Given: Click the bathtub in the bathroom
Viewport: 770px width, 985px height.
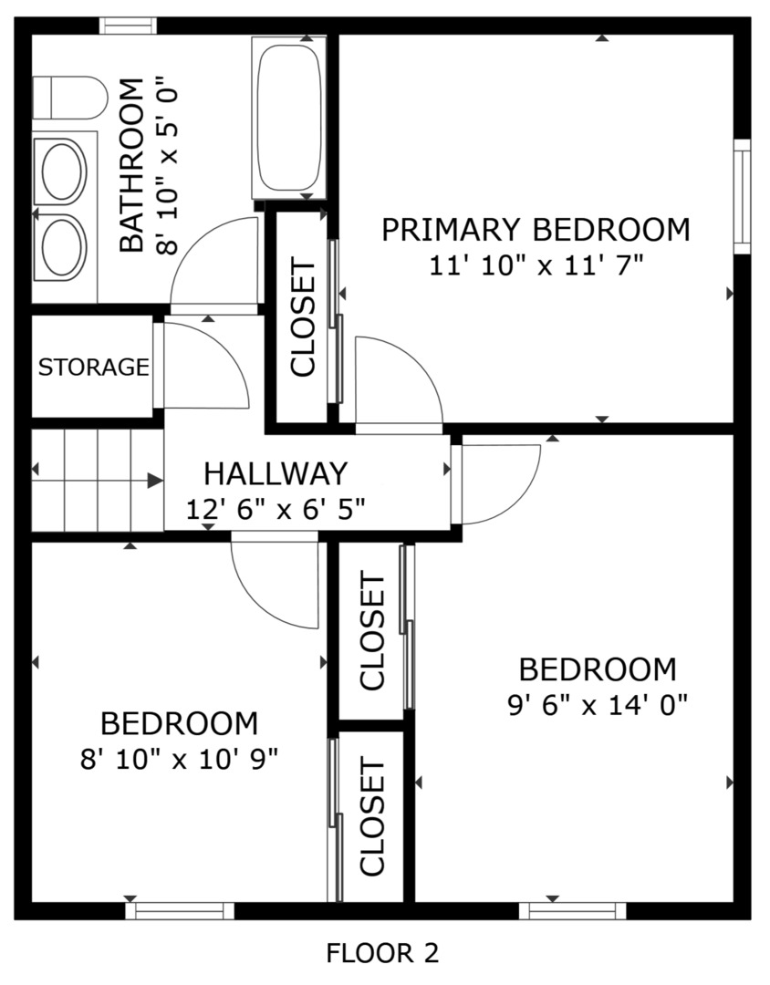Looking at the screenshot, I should click(x=288, y=117).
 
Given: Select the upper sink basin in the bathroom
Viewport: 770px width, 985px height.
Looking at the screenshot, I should click(x=61, y=171).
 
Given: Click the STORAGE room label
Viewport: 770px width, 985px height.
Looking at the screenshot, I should click(x=93, y=368).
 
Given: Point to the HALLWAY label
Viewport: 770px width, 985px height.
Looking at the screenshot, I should click(x=275, y=473).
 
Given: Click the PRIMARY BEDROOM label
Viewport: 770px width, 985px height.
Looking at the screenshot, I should click(x=536, y=230).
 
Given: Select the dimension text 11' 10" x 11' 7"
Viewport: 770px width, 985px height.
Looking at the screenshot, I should click(x=536, y=265).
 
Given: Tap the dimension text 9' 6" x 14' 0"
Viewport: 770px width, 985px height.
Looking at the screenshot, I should click(x=597, y=704).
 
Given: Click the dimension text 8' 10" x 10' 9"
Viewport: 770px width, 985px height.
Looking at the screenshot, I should click(x=179, y=759).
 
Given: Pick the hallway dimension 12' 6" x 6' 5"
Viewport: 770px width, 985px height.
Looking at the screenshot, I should click(x=275, y=509).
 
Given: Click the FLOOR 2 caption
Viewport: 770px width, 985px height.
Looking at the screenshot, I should click(x=382, y=953).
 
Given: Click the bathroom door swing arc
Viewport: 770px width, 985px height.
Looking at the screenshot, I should click(x=215, y=264).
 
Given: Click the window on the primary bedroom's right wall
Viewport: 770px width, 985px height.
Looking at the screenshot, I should click(x=742, y=196).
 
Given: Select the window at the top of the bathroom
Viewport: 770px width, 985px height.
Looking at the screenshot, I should click(x=128, y=26).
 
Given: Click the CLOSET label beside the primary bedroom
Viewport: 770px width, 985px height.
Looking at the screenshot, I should click(x=303, y=317).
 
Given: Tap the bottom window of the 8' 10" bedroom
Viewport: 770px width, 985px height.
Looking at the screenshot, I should click(x=179, y=909).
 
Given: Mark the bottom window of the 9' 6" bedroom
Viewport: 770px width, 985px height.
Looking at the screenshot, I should click(x=573, y=909).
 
